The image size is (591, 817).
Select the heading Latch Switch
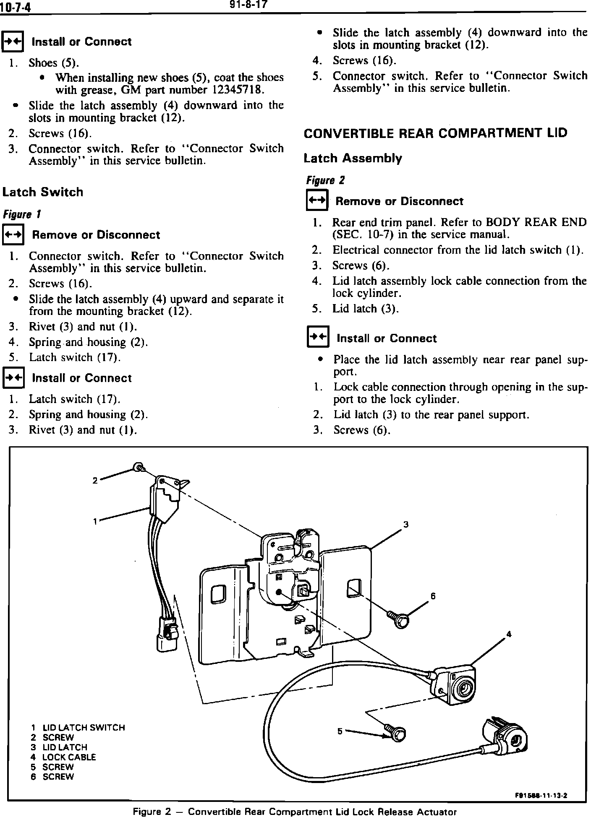43,193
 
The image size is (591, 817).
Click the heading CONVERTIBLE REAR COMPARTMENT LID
435,133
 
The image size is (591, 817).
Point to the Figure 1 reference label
22,215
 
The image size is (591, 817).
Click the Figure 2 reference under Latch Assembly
325,181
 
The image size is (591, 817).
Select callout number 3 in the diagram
406,524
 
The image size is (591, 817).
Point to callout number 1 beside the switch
96,521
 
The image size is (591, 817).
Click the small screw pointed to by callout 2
139,467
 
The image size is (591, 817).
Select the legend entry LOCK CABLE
69,757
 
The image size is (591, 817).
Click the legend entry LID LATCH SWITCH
84,728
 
